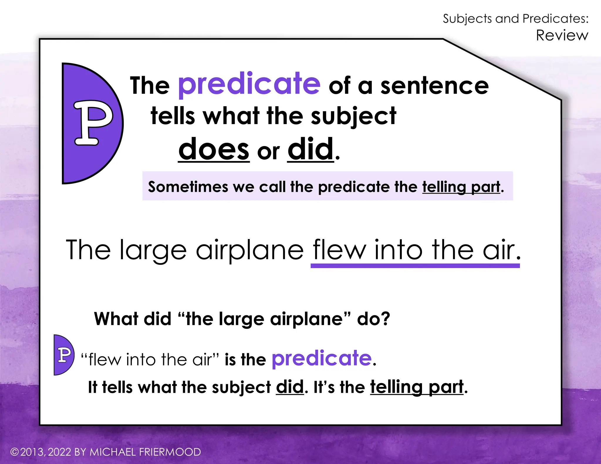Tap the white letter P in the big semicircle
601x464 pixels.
[x=93, y=123]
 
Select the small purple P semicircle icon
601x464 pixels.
[x=63, y=355]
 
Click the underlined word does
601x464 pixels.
[x=214, y=149]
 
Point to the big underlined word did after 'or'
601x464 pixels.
[x=310, y=149]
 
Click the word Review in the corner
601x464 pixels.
[x=562, y=35]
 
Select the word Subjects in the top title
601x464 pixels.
[x=467, y=19]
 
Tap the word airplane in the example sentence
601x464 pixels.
[x=249, y=250]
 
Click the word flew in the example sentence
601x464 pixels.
[x=339, y=250]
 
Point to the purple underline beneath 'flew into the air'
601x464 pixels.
[x=415, y=266]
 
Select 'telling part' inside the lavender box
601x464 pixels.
[x=461, y=187]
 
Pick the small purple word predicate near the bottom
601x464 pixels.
[x=322, y=358]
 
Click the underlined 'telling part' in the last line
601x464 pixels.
[x=417, y=387]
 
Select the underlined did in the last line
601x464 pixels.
[x=290, y=387]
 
